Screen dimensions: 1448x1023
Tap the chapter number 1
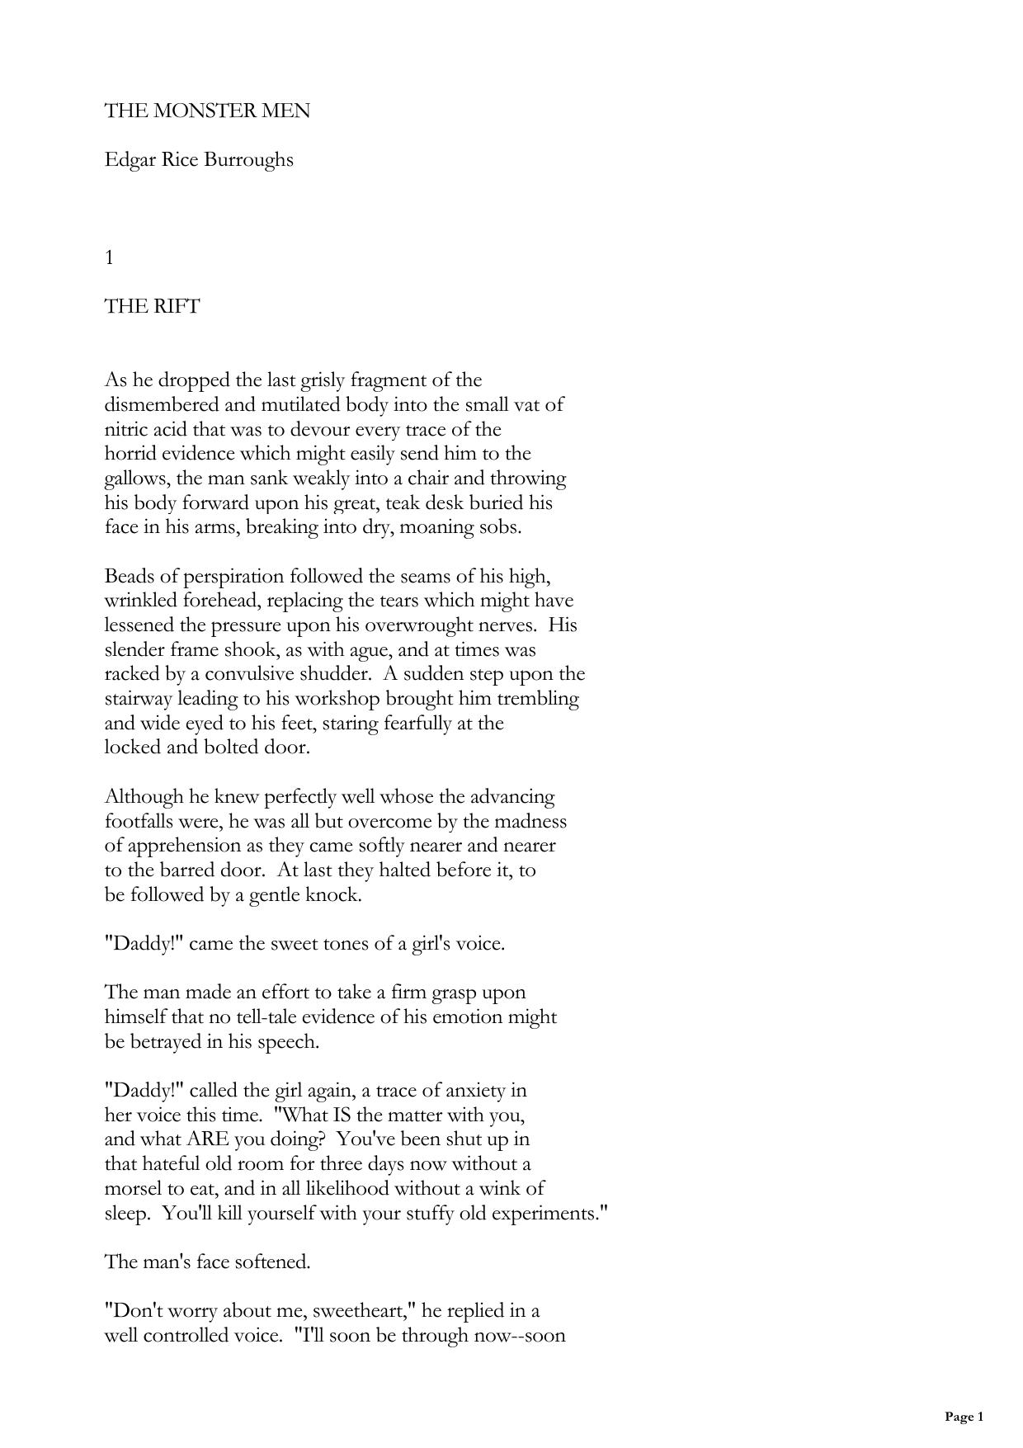pyautogui.click(x=109, y=257)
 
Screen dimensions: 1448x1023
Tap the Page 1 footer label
pyautogui.click(x=964, y=1417)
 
